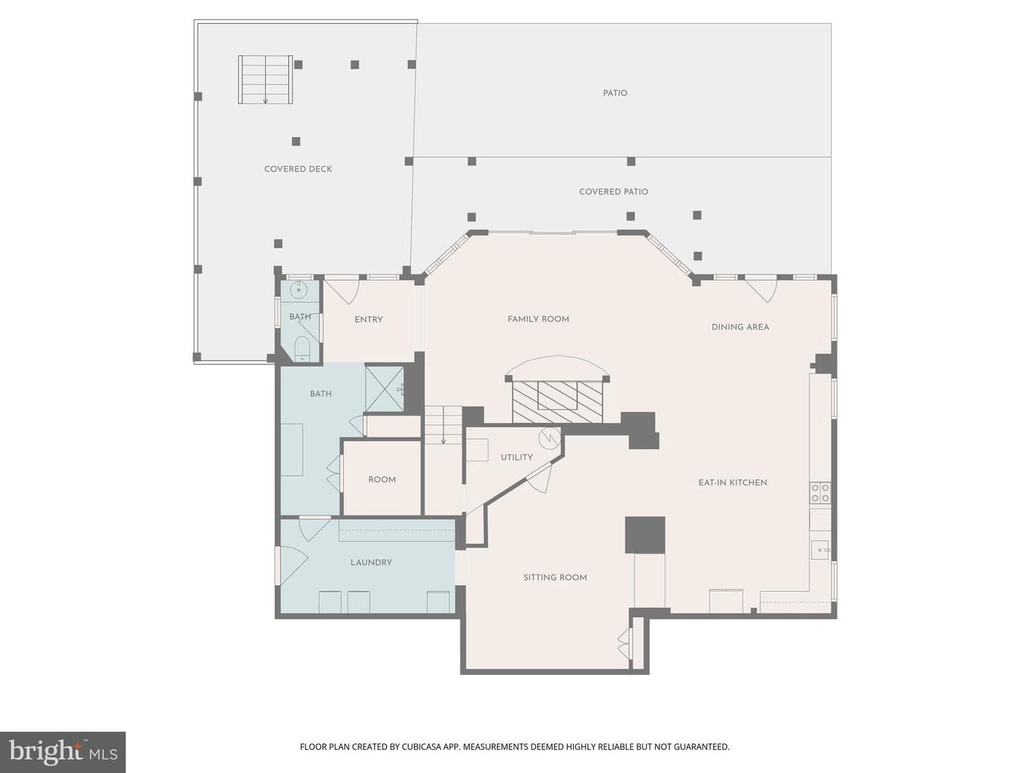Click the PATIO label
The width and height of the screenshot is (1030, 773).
[x=614, y=93]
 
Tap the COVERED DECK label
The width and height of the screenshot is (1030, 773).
[x=298, y=169]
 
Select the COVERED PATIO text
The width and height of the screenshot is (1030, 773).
[x=613, y=192]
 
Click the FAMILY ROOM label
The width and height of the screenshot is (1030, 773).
[x=538, y=319]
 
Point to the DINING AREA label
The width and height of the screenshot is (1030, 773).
[x=740, y=327]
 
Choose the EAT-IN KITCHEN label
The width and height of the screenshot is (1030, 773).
[x=732, y=482]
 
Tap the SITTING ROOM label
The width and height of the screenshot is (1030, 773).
[x=555, y=578]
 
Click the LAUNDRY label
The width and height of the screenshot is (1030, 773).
[x=371, y=563]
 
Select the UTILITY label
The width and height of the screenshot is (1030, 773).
[x=516, y=457]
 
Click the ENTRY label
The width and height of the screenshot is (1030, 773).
[x=368, y=320]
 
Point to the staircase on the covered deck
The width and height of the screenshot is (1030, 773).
[x=265, y=79]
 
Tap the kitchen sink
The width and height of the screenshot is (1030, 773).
[x=820, y=550]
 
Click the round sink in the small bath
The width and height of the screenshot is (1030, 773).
[x=298, y=290]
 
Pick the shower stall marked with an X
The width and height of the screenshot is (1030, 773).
[x=384, y=389]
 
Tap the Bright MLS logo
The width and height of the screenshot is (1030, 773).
[x=63, y=752]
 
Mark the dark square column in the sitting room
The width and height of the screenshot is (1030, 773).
[x=644, y=535]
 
